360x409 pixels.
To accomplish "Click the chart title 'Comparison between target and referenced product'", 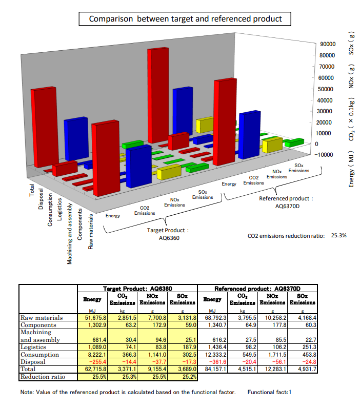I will [185, 19].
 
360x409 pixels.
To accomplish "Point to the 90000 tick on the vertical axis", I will [327, 45].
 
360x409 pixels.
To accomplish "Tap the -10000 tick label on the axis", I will [326, 155].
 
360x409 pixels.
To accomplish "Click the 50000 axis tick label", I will [327, 89].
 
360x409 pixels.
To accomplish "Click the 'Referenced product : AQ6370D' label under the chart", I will [286, 202].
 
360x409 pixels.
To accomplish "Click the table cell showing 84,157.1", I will [212, 369].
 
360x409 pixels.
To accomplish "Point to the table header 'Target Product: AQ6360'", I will [138, 289].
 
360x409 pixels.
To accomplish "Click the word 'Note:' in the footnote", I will [27, 393].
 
